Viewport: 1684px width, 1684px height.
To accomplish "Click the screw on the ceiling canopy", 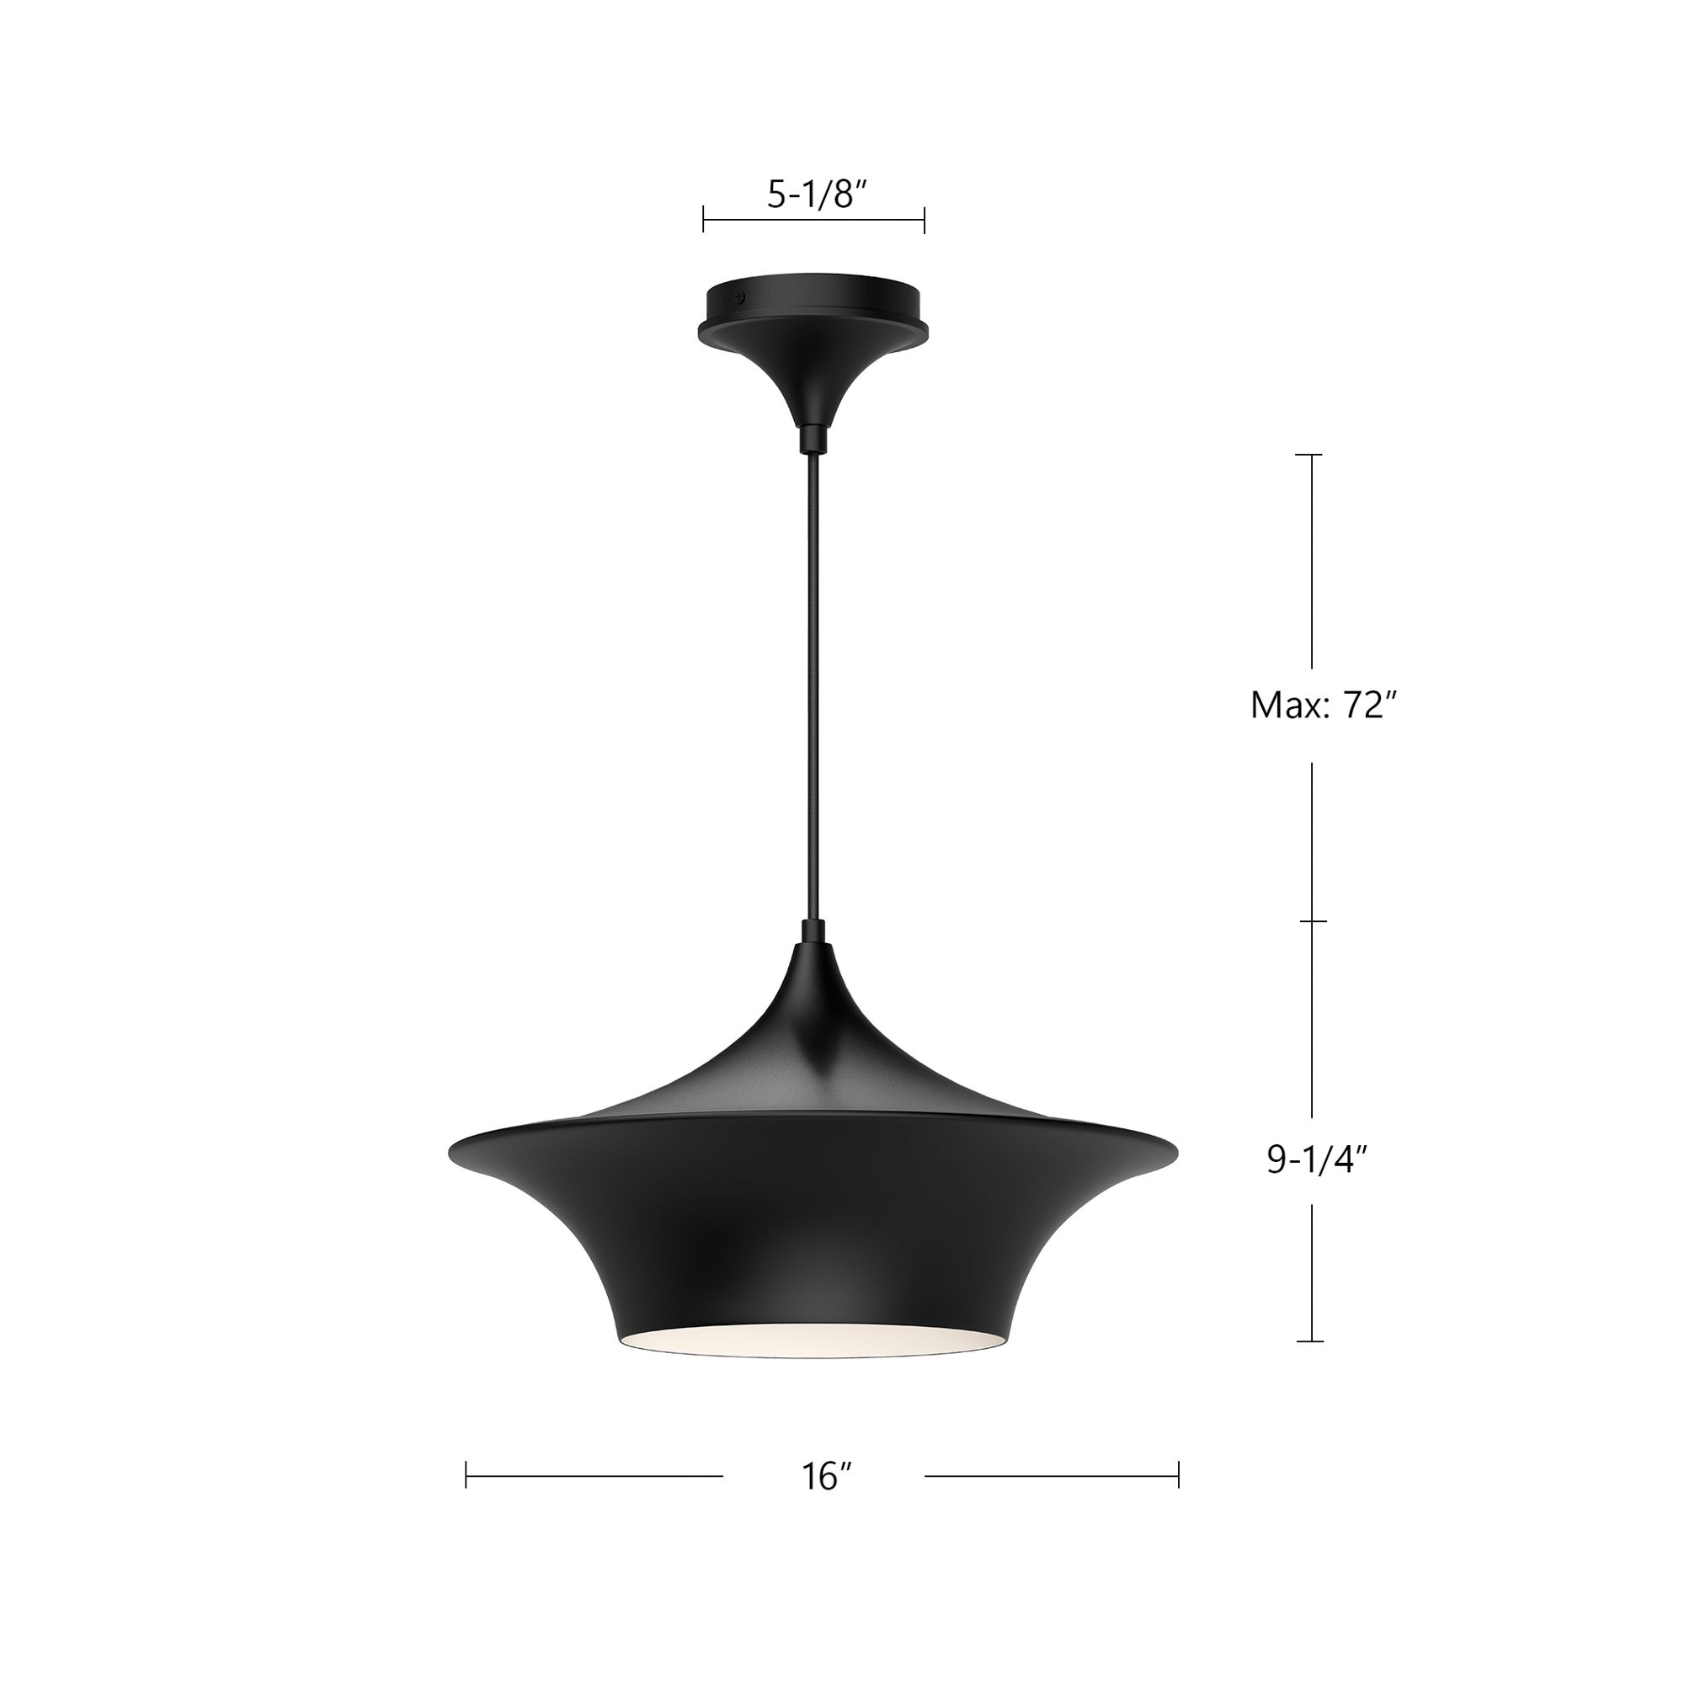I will [741, 296].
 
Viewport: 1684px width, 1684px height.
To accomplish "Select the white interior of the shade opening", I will [815, 1340].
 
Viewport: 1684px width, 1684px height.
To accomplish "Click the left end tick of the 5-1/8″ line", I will [703, 220].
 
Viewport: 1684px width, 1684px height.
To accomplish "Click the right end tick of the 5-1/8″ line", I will [924, 220].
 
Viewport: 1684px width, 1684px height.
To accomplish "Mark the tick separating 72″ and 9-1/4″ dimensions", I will [1311, 921].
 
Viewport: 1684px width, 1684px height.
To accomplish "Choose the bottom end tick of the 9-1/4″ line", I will [1311, 1341].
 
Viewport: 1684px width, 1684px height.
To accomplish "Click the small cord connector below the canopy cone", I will [813, 438].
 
